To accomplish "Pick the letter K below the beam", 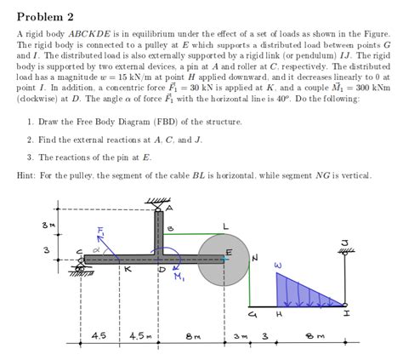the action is (127, 269).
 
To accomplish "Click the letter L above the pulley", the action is (224, 225).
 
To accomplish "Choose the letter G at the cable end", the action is (249, 313).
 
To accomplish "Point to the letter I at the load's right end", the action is (345, 313).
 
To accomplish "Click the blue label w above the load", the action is (277, 266).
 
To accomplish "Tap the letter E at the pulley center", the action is (229, 253).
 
